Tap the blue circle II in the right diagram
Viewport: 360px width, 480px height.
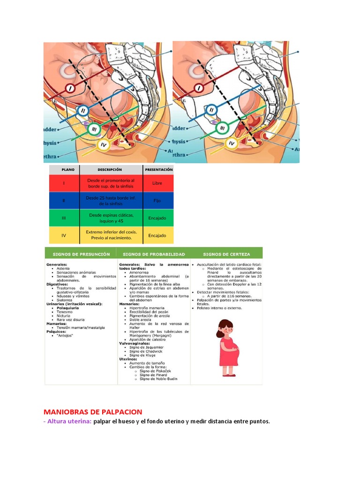pos(211,110)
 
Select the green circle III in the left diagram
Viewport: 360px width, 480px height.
pos(94,128)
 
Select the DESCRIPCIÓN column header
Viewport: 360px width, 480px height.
pos(111,170)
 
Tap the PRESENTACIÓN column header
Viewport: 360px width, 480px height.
pos(158,170)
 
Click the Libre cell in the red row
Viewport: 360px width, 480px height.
pos(157,183)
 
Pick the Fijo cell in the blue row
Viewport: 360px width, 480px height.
pos(157,201)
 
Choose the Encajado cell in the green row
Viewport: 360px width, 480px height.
pos(157,218)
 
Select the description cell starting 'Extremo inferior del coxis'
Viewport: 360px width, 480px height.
pos(111,235)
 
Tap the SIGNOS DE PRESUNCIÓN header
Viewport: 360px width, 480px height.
pos(81,254)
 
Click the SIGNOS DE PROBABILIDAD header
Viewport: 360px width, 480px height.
pos(154,254)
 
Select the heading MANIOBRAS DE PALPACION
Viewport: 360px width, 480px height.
pos(93,412)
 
